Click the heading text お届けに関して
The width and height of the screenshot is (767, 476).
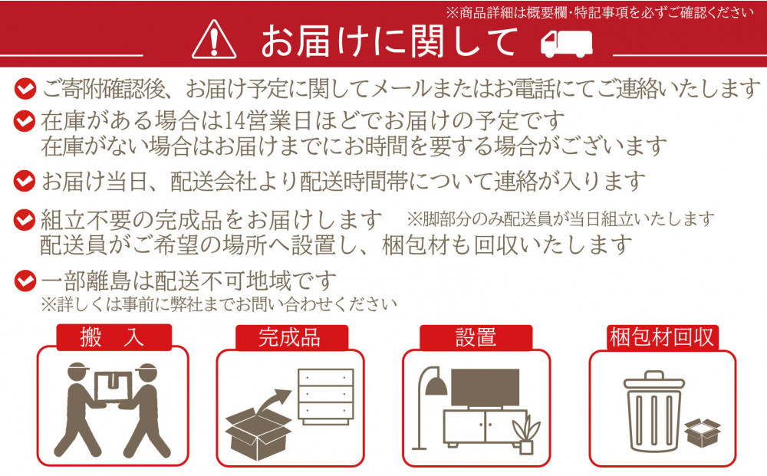click(389, 41)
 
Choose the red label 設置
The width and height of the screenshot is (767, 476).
click(476, 337)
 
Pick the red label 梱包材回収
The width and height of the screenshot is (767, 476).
click(662, 337)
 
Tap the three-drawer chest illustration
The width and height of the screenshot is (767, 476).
click(325, 396)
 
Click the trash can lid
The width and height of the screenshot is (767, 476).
click(653, 380)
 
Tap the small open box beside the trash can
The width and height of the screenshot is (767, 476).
click(703, 434)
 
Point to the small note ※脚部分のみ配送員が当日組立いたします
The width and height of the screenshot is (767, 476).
click(560, 220)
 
